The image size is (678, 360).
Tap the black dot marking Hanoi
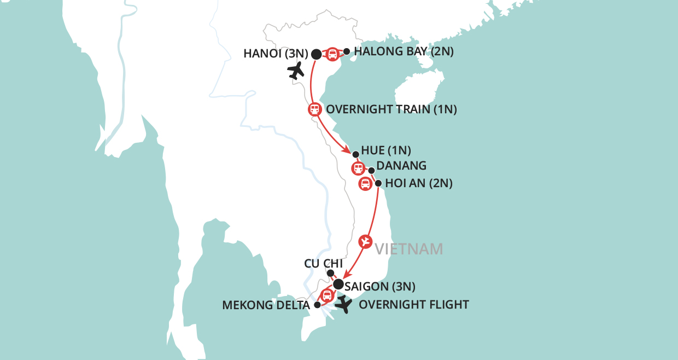coord(316,54)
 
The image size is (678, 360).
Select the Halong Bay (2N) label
coord(404,52)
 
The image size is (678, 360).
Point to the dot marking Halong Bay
coord(346,51)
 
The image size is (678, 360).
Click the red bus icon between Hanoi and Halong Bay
coord(332,54)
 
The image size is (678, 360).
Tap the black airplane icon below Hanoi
coord(296,71)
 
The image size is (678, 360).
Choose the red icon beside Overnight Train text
coord(314,109)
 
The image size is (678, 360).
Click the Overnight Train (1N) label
coord(391,109)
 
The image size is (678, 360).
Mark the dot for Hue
coord(355,154)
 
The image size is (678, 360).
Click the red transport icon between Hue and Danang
coord(358,168)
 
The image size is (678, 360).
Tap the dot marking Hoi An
coord(378,183)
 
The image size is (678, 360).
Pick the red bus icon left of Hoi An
coord(365,183)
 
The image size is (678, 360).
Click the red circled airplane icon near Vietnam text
coord(366,241)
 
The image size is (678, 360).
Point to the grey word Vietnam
coord(409,249)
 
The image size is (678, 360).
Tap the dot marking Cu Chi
coord(330,273)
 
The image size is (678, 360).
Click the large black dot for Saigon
coord(338,284)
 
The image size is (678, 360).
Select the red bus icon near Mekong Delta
coord(326,296)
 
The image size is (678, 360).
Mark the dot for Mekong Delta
coord(317,305)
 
